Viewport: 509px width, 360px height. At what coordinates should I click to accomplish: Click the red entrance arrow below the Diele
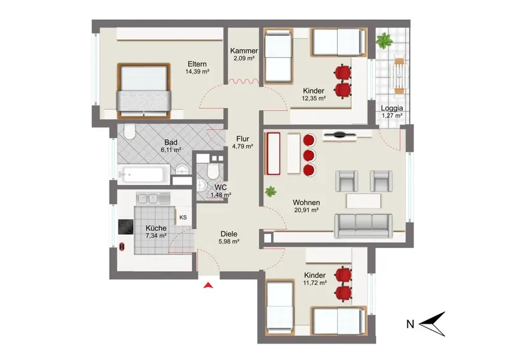[208, 286]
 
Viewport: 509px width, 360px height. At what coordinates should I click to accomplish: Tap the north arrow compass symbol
[432, 324]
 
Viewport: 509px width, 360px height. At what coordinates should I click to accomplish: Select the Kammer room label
[244, 51]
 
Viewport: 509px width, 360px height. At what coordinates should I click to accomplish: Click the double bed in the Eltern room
[144, 91]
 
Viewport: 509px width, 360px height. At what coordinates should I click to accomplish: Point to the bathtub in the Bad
[143, 174]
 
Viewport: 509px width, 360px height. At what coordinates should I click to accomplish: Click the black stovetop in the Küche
[125, 227]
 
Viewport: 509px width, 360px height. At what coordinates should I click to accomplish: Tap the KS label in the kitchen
[183, 218]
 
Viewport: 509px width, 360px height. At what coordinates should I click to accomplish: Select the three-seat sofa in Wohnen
[363, 225]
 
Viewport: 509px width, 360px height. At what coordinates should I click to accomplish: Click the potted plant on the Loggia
[385, 41]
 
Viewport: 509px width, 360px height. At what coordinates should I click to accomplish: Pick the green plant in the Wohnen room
[270, 191]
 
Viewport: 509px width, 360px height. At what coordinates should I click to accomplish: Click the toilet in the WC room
[213, 170]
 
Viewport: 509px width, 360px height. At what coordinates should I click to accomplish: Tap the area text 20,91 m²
[306, 210]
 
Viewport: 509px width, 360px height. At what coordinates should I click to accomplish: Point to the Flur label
[242, 139]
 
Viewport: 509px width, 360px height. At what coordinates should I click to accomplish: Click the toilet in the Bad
[130, 132]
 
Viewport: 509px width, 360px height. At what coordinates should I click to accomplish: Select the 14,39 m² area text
[197, 72]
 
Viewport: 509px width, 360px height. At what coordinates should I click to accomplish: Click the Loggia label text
[392, 108]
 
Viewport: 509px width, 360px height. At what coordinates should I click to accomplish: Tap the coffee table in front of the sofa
[363, 200]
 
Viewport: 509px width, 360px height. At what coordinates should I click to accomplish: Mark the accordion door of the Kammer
[244, 81]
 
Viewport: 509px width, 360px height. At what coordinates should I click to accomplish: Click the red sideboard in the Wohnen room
[273, 153]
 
